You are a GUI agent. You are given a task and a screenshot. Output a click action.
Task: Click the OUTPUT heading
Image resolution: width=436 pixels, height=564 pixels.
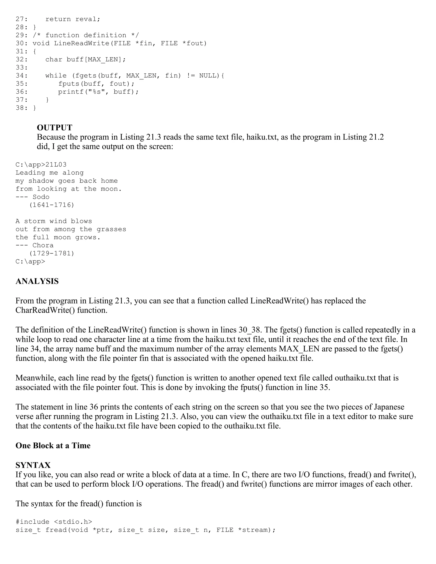point(54,127)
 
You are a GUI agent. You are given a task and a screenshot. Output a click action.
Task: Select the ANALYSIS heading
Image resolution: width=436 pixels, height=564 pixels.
point(37,281)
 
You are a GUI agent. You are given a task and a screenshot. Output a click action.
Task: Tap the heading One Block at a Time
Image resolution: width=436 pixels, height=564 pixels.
point(53,445)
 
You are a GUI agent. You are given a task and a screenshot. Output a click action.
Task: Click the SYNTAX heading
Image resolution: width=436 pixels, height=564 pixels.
point(33,465)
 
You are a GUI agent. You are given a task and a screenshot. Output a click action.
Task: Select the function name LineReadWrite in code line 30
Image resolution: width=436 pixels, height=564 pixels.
point(82,43)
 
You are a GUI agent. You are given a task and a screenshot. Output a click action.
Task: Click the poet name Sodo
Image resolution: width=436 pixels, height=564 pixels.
point(41,197)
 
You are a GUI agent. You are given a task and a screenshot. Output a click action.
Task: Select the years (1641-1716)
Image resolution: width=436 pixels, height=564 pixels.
point(52,205)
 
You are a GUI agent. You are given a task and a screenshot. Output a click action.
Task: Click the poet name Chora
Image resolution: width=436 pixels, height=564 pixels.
point(43,245)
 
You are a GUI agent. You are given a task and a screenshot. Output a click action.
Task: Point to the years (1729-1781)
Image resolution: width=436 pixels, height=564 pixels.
point(52,253)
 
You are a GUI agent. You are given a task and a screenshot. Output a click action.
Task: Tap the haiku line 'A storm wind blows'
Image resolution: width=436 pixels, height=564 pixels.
point(54,221)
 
